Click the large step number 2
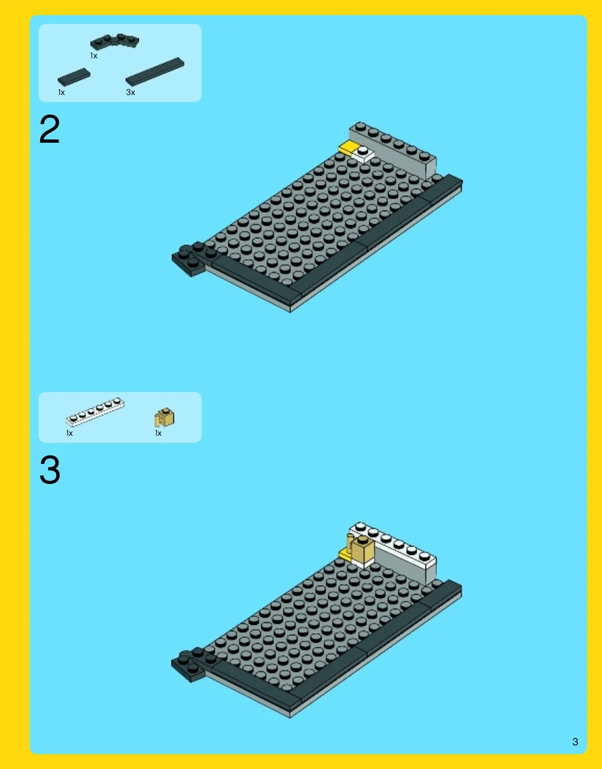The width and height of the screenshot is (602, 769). (x=50, y=130)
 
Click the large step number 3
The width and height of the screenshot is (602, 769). (x=50, y=470)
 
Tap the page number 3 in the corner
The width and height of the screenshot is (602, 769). (x=575, y=742)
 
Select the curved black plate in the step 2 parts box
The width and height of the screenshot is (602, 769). (x=114, y=41)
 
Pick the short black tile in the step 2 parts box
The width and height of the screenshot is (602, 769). (x=74, y=77)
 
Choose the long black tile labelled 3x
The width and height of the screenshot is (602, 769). (x=155, y=71)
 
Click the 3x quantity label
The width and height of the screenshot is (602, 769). (x=131, y=92)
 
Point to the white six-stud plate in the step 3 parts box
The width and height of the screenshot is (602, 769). (x=95, y=411)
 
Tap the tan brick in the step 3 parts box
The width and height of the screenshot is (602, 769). (x=164, y=418)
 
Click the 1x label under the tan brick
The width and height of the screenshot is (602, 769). (x=158, y=433)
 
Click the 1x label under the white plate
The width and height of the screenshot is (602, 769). (x=69, y=433)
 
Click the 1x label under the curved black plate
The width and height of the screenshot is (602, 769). (x=94, y=56)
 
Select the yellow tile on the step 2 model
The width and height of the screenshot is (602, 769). (x=347, y=147)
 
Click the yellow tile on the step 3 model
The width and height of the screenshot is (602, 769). (x=344, y=554)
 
